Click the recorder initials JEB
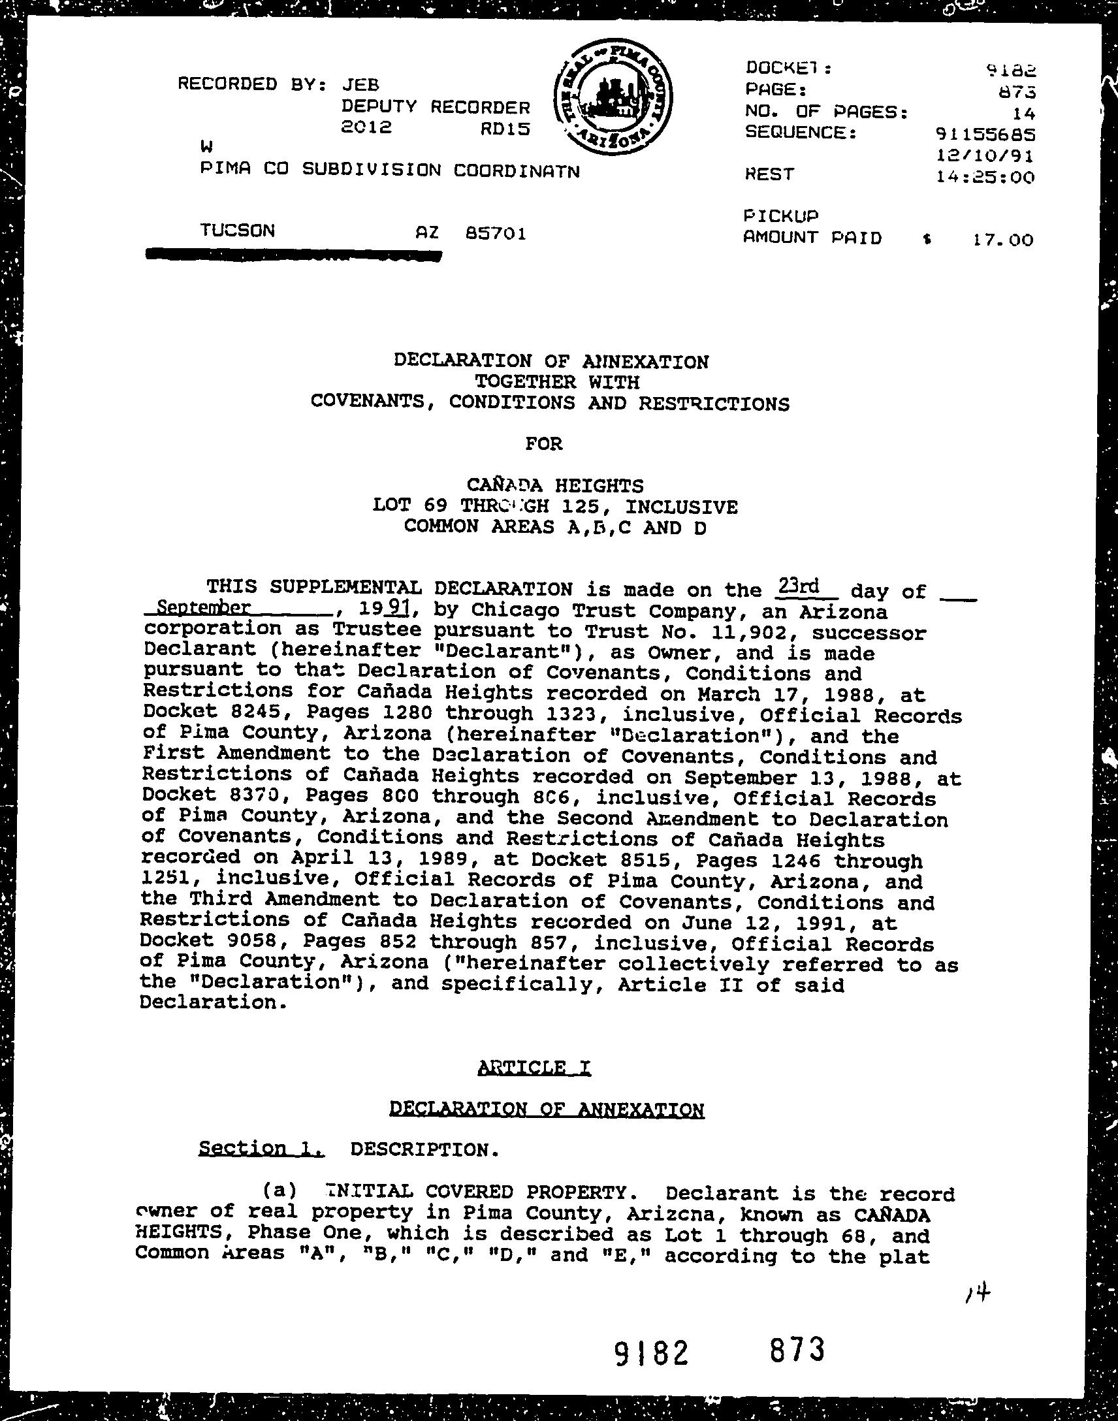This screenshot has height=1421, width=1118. (x=360, y=84)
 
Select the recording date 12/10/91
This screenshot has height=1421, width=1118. (x=986, y=156)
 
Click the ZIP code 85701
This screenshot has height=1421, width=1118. (x=496, y=233)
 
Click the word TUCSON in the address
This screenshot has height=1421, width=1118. (x=237, y=231)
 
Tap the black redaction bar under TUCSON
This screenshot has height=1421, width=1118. (x=294, y=255)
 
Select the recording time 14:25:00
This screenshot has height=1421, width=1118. (x=986, y=178)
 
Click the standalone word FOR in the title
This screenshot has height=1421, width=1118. (x=544, y=444)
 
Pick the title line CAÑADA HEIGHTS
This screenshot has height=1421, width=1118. (x=555, y=485)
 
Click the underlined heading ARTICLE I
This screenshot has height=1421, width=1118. (x=535, y=1068)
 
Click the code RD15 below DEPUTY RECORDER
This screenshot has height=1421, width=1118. (x=504, y=129)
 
